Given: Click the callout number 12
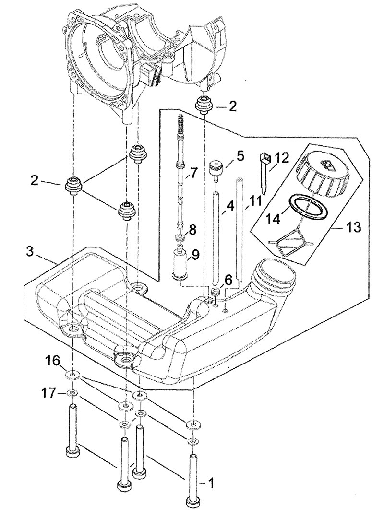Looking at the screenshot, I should [282, 157].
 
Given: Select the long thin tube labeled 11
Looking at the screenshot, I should [240, 230].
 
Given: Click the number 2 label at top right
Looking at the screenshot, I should [232, 106].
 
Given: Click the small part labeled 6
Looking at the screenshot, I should [216, 293].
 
